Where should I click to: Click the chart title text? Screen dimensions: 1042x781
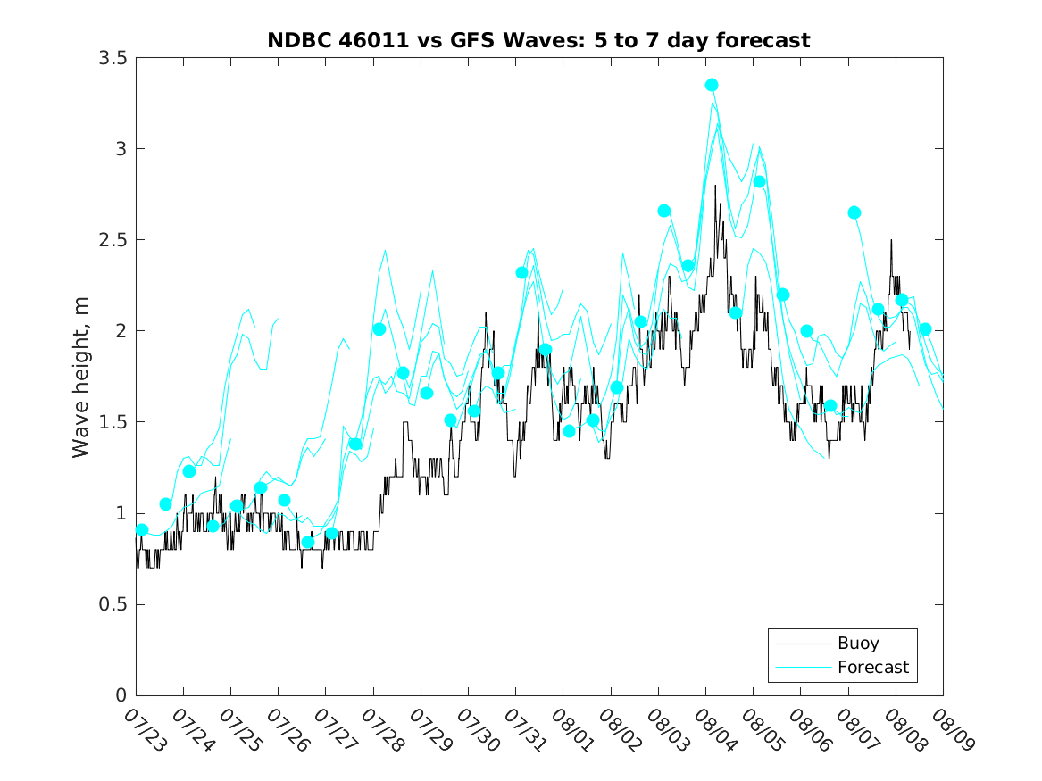[x=538, y=40]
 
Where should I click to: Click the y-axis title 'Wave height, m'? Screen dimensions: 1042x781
[x=80, y=378]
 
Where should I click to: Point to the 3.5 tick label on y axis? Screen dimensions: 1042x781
[x=113, y=58]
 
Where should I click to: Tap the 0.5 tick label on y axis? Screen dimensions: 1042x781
[x=113, y=604]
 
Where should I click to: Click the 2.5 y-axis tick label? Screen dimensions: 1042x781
[x=113, y=240]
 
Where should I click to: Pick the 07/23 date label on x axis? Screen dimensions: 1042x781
[x=144, y=730]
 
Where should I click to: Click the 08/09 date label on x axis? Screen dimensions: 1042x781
[x=952, y=730]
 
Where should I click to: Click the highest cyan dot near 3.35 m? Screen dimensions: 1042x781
[x=712, y=85]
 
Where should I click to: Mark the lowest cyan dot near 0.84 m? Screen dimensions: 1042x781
[x=308, y=543]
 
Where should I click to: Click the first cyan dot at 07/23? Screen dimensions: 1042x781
[x=142, y=529]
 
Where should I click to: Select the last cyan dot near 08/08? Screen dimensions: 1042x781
[x=925, y=329]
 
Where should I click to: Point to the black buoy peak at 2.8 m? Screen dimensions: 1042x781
[x=715, y=186]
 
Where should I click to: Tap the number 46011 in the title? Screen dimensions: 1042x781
[x=374, y=40]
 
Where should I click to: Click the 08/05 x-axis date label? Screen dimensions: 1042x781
[x=762, y=730]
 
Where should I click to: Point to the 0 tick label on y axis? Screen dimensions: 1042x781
[x=121, y=695]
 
